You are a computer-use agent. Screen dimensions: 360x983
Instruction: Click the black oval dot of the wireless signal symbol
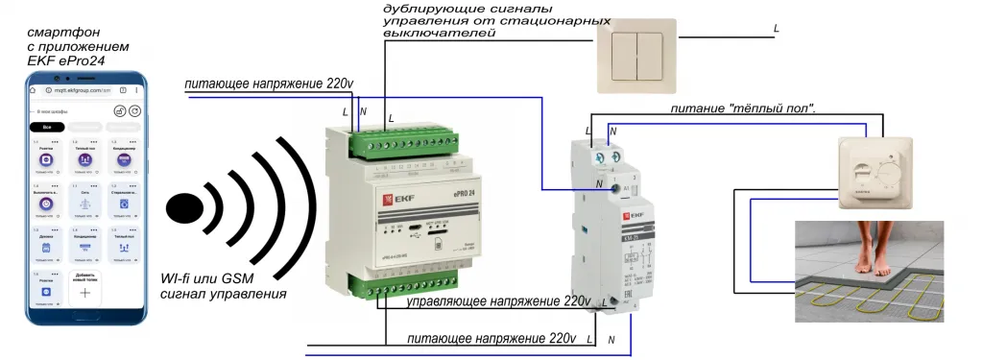185,207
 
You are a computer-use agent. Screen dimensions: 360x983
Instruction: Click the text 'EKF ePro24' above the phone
63,60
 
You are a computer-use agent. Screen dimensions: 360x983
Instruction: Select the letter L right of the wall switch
776,28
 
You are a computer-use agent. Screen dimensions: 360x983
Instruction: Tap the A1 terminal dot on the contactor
614,189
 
